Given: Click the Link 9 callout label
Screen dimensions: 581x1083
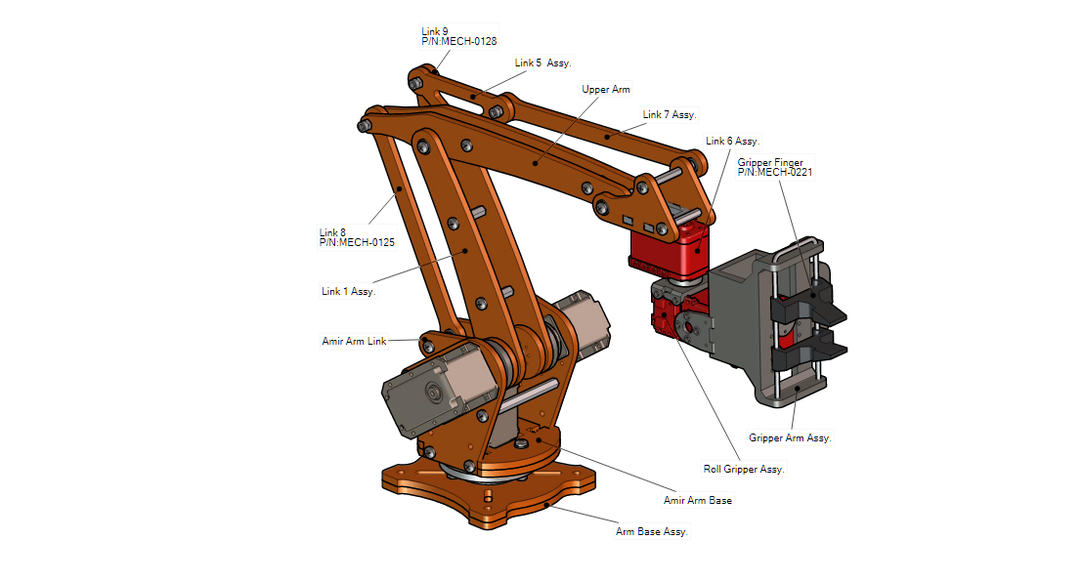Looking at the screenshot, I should (x=435, y=31).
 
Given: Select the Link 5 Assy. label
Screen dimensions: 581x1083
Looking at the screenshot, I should (x=542, y=62).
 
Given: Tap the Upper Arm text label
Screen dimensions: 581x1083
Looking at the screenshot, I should (x=606, y=90).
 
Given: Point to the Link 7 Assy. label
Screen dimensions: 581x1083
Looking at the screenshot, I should (x=670, y=115).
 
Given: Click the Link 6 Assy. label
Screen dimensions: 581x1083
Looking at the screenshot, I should (x=732, y=142).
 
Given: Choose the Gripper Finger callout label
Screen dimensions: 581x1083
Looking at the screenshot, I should (x=770, y=162).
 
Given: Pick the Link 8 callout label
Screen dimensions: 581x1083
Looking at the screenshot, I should (x=332, y=232).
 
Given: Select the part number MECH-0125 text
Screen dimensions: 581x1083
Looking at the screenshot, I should (x=357, y=242).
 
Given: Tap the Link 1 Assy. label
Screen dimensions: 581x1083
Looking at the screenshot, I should (x=348, y=291).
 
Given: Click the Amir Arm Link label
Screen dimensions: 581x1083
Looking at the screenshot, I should (x=354, y=342).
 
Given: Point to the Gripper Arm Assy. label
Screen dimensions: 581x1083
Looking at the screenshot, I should (x=790, y=438).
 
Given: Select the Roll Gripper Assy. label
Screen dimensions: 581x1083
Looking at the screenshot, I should (x=744, y=470).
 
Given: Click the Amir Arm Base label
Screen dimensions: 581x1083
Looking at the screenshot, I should (x=698, y=501).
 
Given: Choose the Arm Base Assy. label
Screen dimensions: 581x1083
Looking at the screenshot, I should (x=652, y=532).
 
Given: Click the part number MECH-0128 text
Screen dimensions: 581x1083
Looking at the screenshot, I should (x=459, y=42).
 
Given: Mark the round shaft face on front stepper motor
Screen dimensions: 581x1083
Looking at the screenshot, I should (x=430, y=394).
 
